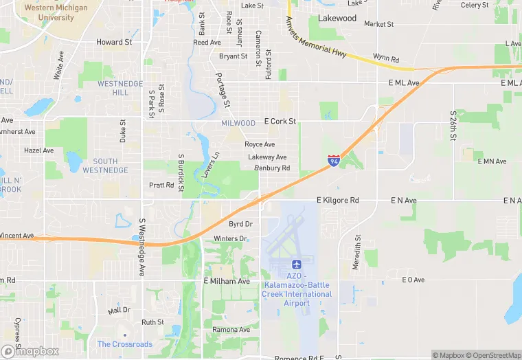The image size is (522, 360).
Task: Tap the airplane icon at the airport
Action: tap(297, 265)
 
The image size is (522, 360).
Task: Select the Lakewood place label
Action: tap(337, 19)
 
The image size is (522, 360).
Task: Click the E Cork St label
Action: tap(280, 122)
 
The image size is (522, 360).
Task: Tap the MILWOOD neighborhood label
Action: tap(238, 123)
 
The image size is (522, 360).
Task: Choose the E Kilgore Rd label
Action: tap(337, 200)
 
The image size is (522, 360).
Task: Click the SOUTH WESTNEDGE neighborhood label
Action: tap(105, 166)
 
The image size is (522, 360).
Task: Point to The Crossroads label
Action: tap(125, 344)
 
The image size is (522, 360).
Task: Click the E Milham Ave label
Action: tap(227, 281)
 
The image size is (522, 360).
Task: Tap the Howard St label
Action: tap(114, 42)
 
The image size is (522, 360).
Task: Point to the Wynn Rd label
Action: tap(386, 58)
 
